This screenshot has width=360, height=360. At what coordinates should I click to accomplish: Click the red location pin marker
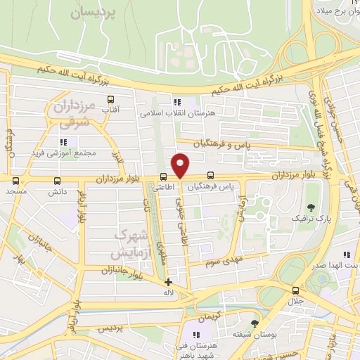tap(181, 166)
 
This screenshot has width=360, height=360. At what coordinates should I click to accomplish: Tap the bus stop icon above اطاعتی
tap(163, 176)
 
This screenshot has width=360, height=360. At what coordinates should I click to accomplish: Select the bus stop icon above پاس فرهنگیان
tap(210, 176)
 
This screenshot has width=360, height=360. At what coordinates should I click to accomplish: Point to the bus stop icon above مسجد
tap(15, 181)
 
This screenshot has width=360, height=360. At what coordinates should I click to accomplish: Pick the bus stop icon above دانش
tap(56, 181)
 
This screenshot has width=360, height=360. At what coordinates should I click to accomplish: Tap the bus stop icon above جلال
tap(295, 290)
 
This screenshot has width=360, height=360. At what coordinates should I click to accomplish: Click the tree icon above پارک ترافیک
tap(311, 207)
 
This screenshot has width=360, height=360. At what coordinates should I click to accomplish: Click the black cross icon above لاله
tap(167, 282)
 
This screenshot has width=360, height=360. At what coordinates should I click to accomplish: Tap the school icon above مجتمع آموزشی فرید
tap(73, 141)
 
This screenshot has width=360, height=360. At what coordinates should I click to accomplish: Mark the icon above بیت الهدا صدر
tap(345, 255)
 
